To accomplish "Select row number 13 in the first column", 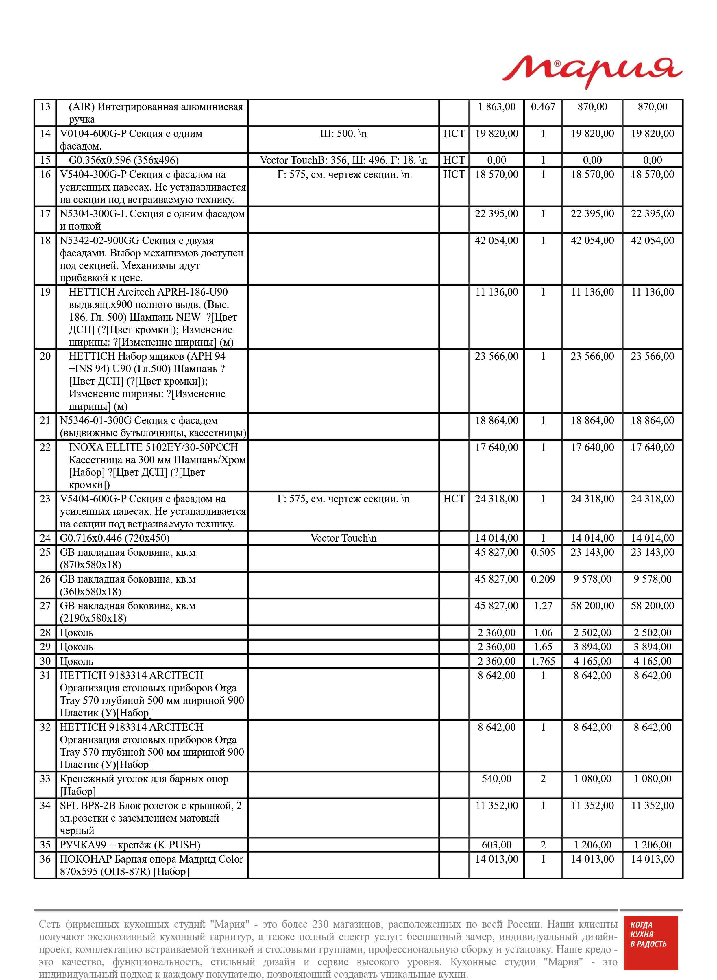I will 45,107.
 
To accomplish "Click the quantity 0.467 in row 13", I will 543,107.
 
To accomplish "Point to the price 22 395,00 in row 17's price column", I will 496,214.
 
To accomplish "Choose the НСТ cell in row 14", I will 454,134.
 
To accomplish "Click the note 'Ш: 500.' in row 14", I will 343,134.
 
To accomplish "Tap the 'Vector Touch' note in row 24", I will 343,538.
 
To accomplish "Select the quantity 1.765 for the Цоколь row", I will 543,661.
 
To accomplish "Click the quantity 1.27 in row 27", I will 543,606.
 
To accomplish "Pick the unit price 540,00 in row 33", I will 496,779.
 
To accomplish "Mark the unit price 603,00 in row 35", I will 496,845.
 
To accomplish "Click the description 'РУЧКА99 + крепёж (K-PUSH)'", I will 130,845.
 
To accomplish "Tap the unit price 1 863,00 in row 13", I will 496,107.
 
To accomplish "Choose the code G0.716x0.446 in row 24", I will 91,538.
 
